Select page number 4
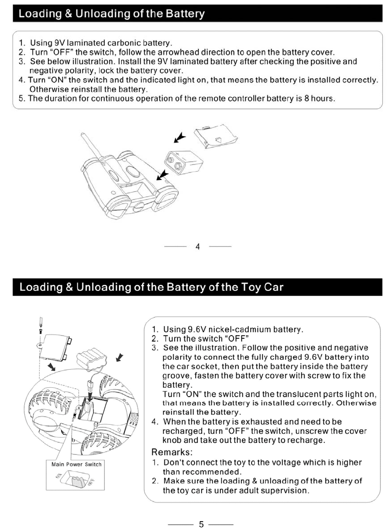pyautogui.click(x=197, y=247)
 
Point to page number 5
pyautogui.click(x=201, y=524)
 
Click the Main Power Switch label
pyautogui.click(x=76, y=464)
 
